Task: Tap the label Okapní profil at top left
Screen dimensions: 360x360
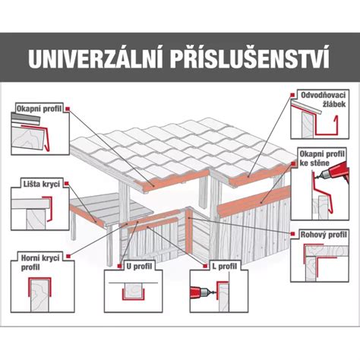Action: tap(39, 109)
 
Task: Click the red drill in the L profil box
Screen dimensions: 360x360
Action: tap(206, 289)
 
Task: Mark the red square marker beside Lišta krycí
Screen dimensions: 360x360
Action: tap(67, 184)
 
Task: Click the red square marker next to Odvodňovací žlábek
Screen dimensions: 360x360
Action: tap(293, 96)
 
